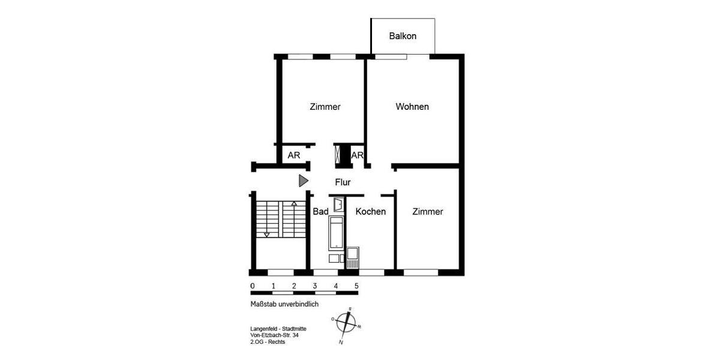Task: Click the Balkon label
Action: coord(403,36)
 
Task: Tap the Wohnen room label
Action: coord(412,107)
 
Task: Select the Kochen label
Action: coord(370,212)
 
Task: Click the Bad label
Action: coord(320,212)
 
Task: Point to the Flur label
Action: coord(343,182)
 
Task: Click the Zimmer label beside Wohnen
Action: coord(325,107)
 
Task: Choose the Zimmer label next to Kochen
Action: coord(428,212)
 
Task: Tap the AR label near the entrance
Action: coord(294,155)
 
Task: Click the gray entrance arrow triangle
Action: coord(304,181)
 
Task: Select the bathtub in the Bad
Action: coord(337,233)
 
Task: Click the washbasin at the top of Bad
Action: coord(338,205)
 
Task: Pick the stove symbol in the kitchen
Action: coord(353,257)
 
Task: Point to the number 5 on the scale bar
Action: coord(357,286)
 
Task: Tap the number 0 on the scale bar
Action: coord(253,286)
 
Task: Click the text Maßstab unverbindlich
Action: coord(284,304)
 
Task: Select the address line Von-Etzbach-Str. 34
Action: coord(274,335)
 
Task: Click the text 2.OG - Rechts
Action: coord(268,342)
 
